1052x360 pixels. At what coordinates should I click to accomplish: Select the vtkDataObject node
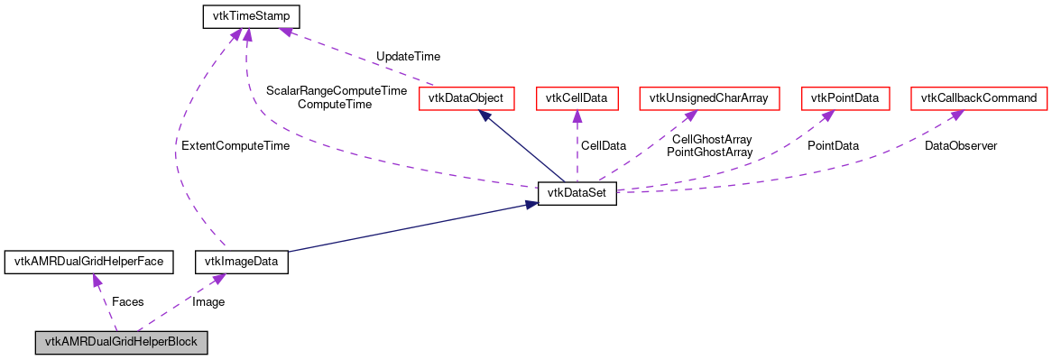point(466,97)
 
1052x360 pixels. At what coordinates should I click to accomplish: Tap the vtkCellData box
point(577,97)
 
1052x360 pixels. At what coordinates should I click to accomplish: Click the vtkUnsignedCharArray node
point(709,97)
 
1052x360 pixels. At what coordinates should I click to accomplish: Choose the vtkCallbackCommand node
point(980,97)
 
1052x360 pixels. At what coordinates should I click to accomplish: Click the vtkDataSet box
point(577,193)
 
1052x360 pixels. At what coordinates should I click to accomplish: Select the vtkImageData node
point(241,262)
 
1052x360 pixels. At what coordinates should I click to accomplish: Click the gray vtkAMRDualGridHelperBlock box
point(122,343)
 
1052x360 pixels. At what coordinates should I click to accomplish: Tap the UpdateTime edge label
point(408,57)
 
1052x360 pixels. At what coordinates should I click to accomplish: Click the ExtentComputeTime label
point(235,145)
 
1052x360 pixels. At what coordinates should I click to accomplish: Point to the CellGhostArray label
point(712,139)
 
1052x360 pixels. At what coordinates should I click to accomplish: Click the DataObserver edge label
point(960,145)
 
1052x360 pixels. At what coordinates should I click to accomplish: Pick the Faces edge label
point(127,301)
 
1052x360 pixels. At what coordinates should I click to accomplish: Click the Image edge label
point(208,301)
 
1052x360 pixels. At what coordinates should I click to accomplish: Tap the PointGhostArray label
point(709,152)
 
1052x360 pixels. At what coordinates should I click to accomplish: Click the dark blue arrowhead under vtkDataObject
point(486,116)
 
